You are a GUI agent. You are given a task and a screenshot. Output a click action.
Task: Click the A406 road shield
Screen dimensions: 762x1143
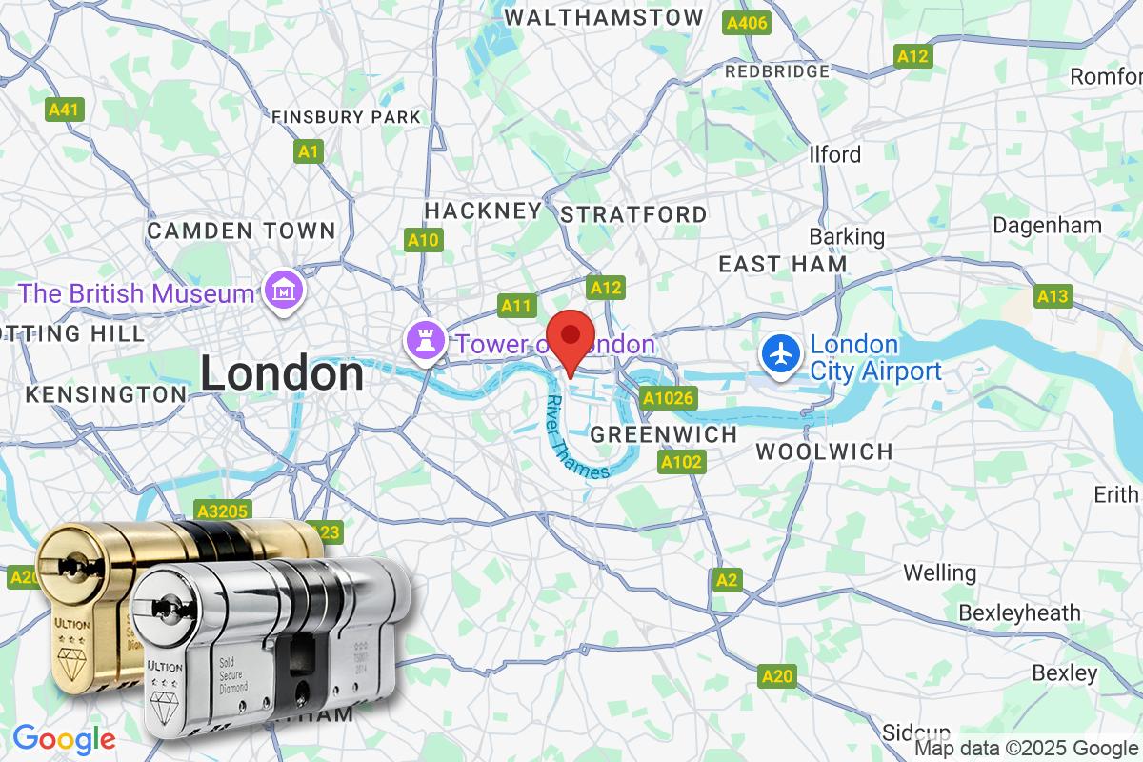(747, 22)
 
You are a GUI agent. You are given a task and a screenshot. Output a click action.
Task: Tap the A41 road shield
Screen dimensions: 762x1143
(64, 110)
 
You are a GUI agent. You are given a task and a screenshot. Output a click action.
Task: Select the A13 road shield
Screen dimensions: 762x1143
(1053, 296)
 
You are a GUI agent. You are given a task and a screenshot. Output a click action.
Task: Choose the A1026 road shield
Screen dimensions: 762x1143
(668, 397)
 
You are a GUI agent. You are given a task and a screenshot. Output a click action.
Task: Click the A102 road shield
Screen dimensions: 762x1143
(681, 463)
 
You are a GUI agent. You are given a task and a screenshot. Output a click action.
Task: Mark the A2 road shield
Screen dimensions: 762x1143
(727, 579)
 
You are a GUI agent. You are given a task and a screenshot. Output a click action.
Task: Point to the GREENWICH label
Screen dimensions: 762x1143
(664, 434)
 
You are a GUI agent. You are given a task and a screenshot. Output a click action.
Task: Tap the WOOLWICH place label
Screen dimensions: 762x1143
(824, 451)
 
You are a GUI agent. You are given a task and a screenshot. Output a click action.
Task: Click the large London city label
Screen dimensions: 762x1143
(282, 373)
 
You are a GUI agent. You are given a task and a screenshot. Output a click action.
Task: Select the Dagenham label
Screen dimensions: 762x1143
(1047, 226)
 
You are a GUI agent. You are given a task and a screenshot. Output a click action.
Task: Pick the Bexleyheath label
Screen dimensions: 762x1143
(1019, 612)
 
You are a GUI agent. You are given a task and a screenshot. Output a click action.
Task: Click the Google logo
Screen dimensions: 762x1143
(64, 738)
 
